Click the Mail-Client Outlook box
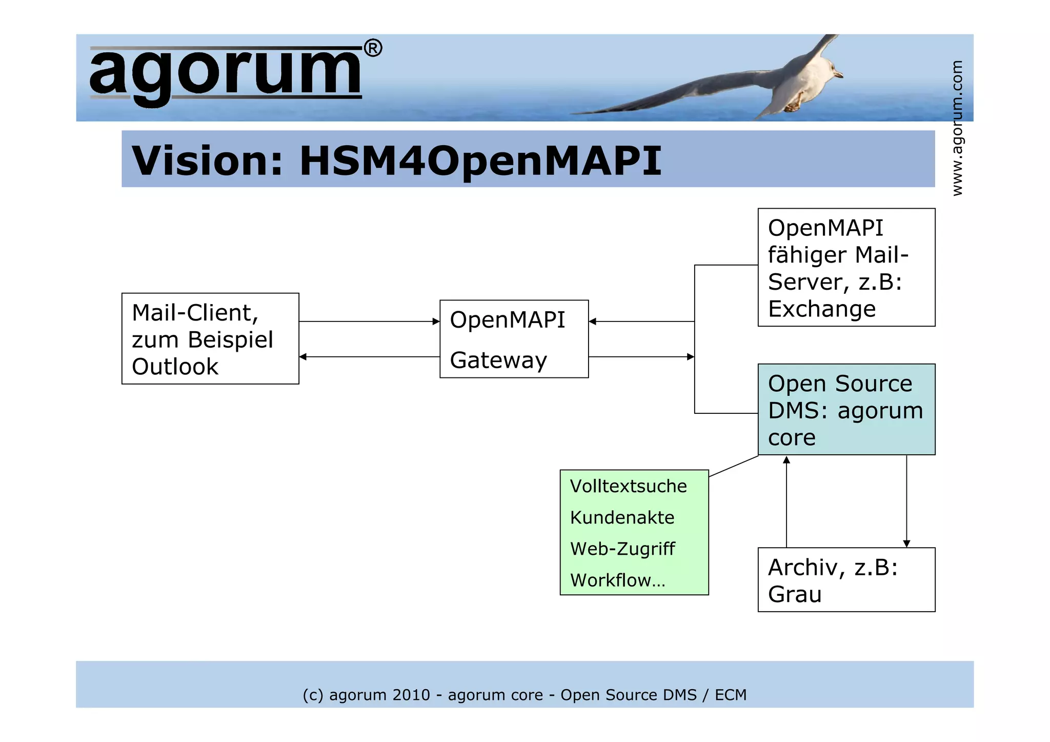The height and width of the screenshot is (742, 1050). pos(210,338)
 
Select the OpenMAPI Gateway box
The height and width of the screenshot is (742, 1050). pos(514,339)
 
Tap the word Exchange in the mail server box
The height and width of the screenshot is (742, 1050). pos(821,309)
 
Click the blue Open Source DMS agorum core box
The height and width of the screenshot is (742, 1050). pos(846,409)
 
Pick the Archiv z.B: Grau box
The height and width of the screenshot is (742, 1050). pos(846,579)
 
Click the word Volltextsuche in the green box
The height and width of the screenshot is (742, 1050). pos(628,486)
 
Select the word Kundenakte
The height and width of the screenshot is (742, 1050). pos(622,517)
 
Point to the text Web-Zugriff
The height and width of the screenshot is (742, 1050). pos(622,549)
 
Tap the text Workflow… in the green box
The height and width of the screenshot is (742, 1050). pos(617,580)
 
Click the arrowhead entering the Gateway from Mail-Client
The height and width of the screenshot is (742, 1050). pos(436,322)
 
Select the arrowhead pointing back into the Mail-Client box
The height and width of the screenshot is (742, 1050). pos(303,356)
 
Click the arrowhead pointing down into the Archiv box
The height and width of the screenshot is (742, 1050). pos(906,544)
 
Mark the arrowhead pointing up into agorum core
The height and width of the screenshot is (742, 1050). pos(786,460)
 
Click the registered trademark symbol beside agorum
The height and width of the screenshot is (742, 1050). pos(373,49)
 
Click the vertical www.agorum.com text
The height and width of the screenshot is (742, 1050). pos(957,128)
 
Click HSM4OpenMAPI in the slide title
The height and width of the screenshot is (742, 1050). pos(480,161)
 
